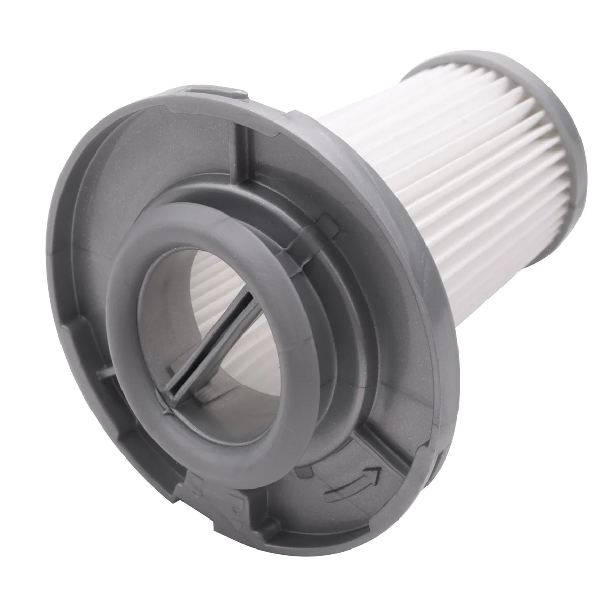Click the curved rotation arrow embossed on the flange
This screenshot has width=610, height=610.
pyautogui.click(x=351, y=471)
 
